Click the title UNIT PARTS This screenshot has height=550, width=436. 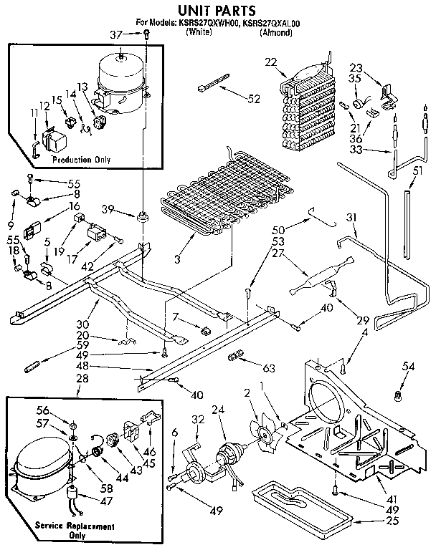(217, 10)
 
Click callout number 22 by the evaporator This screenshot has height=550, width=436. (270, 63)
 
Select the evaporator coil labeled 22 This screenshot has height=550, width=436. (307, 104)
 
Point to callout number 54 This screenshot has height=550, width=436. (408, 367)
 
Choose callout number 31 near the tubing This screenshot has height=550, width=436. (351, 218)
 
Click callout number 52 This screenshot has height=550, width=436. (253, 100)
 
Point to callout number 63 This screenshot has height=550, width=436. (269, 369)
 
